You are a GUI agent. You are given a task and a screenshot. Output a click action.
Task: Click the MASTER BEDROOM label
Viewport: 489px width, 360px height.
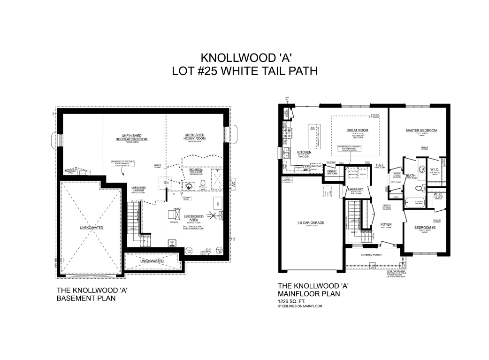(x=421, y=130)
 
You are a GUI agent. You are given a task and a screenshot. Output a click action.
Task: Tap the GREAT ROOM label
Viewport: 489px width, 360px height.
(x=357, y=130)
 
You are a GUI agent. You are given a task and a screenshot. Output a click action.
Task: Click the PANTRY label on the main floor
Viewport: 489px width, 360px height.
(x=332, y=171)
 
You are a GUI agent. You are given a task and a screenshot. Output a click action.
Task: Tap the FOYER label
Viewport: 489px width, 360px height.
(x=386, y=224)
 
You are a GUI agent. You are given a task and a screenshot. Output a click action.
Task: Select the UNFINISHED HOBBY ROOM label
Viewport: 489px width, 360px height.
(x=194, y=137)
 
